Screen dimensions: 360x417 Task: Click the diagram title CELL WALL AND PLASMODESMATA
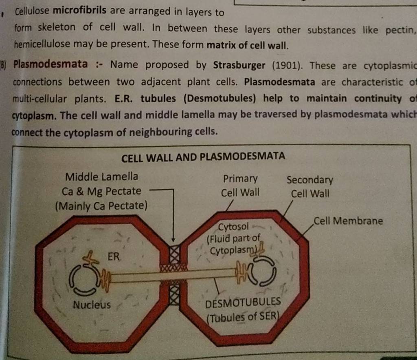click(204, 157)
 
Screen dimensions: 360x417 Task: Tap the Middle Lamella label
click(101, 177)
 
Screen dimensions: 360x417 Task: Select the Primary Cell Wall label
click(240, 186)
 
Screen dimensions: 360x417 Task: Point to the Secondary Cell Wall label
click(310, 186)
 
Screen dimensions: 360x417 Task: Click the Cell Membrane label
click(348, 221)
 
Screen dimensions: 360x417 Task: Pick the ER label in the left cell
click(114, 257)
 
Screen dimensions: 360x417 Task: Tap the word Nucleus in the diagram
click(92, 305)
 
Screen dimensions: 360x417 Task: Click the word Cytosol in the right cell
click(233, 225)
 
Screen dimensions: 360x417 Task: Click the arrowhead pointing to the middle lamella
click(173, 240)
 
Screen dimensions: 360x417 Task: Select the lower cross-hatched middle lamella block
click(174, 295)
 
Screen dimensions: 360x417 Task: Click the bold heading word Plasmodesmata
click(50, 64)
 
